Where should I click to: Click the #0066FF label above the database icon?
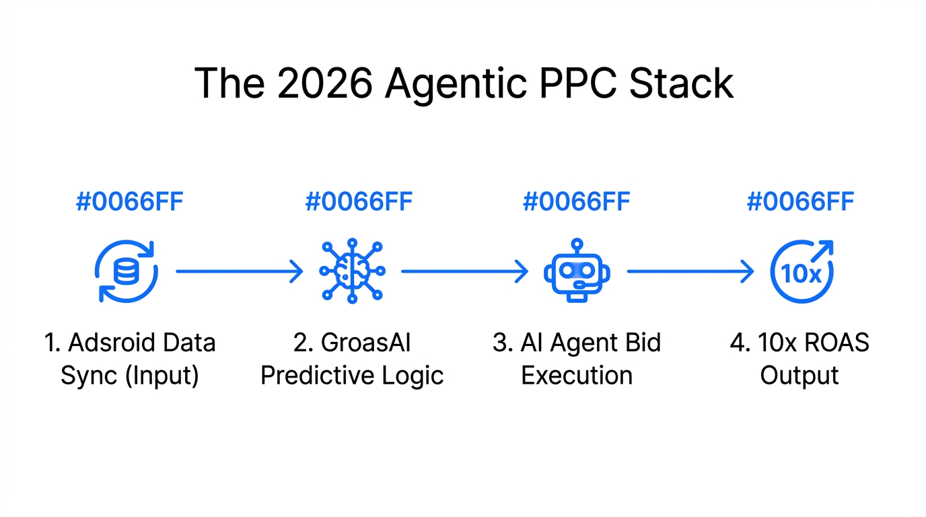[x=129, y=202]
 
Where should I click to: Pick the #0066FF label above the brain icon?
[x=359, y=202]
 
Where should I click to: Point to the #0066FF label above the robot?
[x=576, y=202]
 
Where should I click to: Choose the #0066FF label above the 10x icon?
[x=800, y=202]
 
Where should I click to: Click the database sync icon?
[x=126, y=271]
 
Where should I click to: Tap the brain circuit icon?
[x=352, y=271]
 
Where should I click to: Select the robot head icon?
[x=577, y=271]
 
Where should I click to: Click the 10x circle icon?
[x=801, y=271]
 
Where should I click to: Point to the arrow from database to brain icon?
[x=239, y=271]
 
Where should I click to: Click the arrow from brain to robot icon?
[x=464, y=271]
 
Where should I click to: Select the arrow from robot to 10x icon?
[x=690, y=271]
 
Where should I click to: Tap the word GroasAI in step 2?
[x=365, y=343]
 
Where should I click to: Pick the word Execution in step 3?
[x=577, y=375]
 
